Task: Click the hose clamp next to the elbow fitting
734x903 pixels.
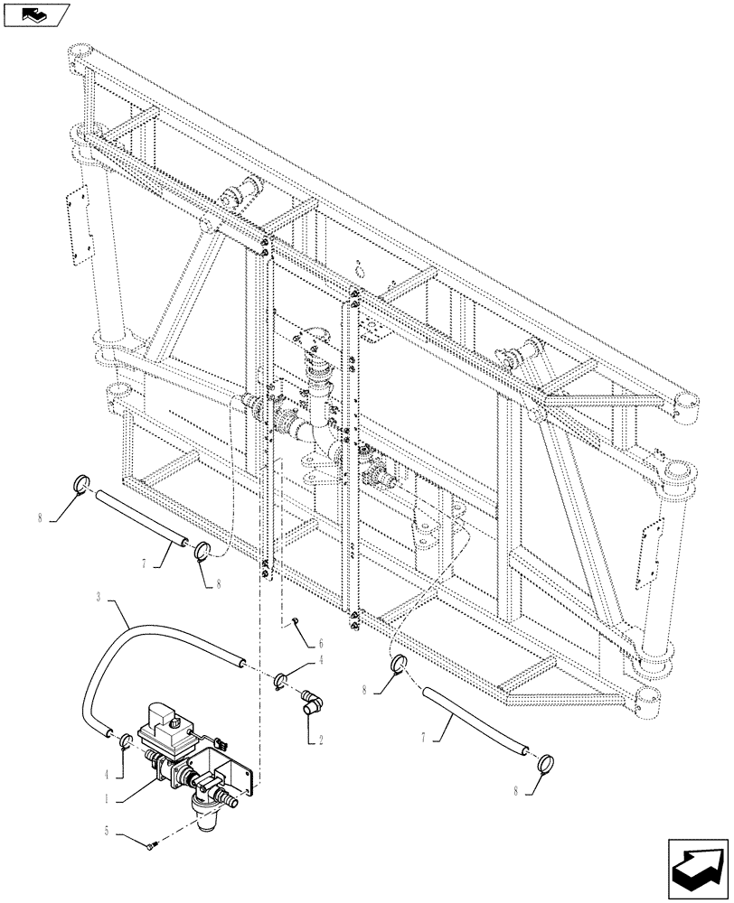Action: [x=284, y=679]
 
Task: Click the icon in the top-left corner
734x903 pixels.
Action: [x=36, y=15]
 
